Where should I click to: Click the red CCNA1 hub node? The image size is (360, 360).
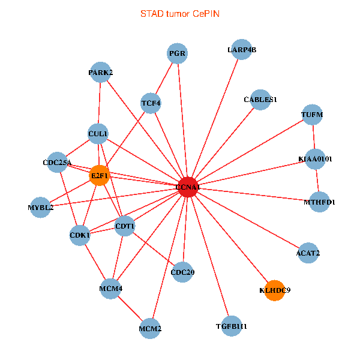tap(188, 187)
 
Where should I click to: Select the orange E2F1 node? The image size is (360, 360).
tap(99, 176)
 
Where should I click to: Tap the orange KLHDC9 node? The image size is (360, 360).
tap(274, 290)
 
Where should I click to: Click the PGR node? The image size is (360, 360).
tap(178, 53)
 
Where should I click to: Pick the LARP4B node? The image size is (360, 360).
tap(242, 50)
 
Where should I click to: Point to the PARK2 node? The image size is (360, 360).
tap(100, 73)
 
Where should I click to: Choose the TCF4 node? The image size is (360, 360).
tap(151, 103)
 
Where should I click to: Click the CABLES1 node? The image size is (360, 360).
tap(260, 100)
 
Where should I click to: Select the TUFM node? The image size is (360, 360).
tap(312, 114)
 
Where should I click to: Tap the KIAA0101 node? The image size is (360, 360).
tap(316, 159)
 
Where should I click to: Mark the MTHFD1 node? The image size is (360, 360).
tap(320, 202)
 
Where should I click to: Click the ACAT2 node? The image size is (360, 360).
tap(308, 253)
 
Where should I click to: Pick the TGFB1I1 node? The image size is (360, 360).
tap(231, 326)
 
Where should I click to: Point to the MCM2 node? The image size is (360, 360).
tap(150, 329)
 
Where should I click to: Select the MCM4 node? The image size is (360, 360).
tap(111, 289)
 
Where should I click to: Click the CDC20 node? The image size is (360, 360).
tap(182, 272)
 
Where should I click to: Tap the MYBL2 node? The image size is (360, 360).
tap(40, 208)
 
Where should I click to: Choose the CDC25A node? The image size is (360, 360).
tap(57, 162)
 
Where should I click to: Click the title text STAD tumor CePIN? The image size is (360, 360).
tap(180, 13)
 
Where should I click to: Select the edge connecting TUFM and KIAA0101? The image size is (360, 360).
tap(314, 137)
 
